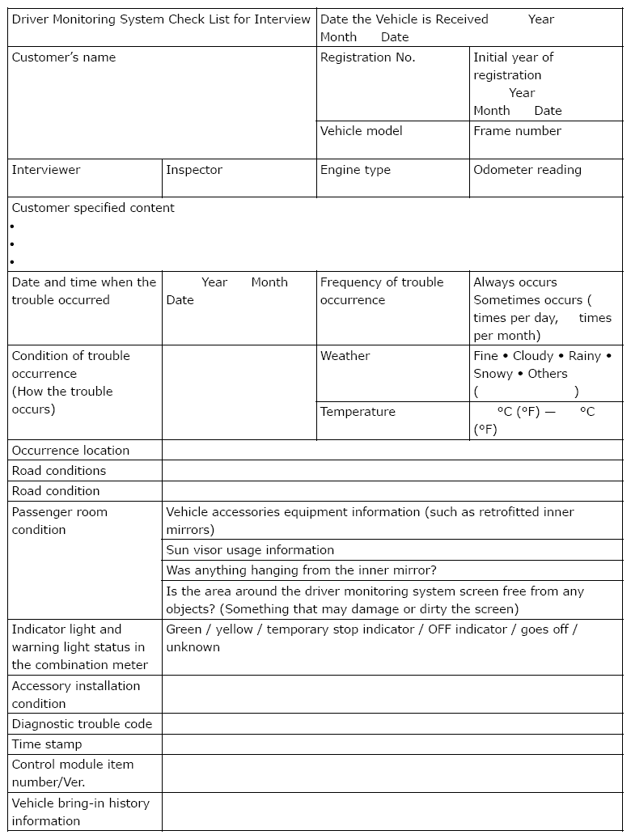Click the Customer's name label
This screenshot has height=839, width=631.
pos(64,57)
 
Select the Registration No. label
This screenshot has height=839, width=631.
pos(367,57)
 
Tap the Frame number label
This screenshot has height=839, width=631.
pos(517,131)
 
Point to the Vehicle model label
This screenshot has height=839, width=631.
pos(361,131)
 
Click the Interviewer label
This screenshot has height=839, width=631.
pos(46,170)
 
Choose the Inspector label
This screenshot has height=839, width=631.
pos(194,170)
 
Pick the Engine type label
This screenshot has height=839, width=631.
pos(355,170)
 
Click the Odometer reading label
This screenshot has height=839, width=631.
pos(527,170)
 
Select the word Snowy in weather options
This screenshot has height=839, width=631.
pos(493,374)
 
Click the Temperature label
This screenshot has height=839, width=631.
pos(358,412)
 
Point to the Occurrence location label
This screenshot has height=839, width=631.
pos(70,451)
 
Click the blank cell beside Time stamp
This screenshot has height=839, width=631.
pos(392,744)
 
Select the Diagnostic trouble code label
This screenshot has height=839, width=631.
pos(82,724)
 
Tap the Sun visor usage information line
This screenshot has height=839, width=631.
pos(250,550)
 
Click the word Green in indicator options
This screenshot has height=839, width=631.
pos(184,629)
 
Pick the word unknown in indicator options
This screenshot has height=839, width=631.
pos(193,647)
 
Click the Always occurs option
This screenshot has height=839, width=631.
pos(515,282)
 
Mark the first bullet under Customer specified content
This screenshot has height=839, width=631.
pos(13,227)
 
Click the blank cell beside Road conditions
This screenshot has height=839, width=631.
pos(392,471)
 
